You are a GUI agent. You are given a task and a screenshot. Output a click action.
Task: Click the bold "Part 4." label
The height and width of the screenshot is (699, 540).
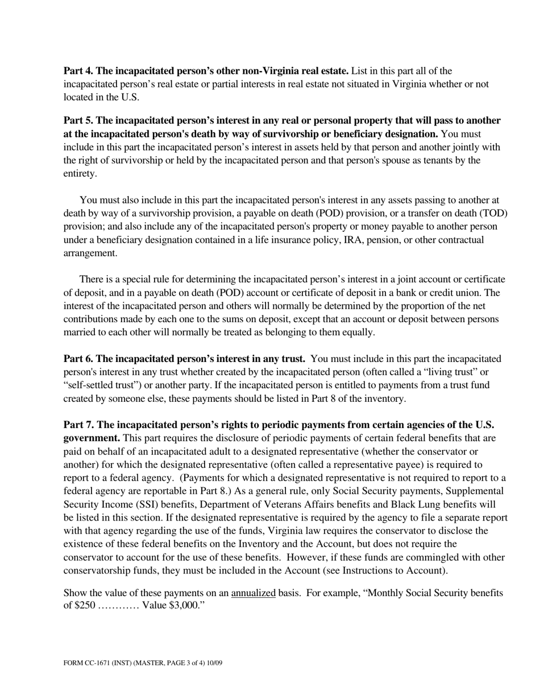(78, 71)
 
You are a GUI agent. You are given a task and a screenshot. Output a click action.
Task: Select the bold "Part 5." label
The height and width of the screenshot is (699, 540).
(78, 120)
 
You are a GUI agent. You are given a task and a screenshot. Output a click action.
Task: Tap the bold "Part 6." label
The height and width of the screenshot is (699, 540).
(78, 359)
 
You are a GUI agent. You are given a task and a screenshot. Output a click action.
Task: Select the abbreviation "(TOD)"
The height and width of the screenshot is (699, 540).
(494, 213)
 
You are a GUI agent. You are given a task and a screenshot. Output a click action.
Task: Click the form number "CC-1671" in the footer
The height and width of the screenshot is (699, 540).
(93, 663)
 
